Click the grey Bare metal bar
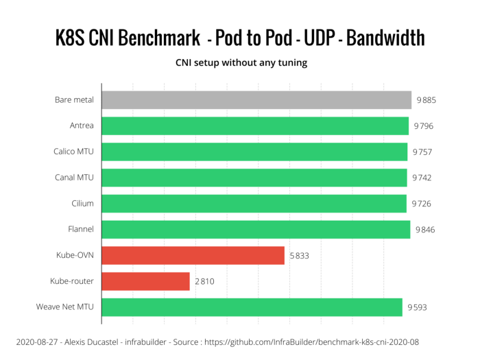(x=256, y=100)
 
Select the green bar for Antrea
(x=255, y=126)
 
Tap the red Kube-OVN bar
(x=193, y=255)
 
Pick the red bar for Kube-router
(x=145, y=281)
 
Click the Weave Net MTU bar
(x=252, y=307)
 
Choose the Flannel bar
(x=256, y=230)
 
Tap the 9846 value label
(x=425, y=230)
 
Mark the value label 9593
(x=416, y=307)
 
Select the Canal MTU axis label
(x=75, y=178)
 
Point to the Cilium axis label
(x=82, y=204)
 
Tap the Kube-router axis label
(x=72, y=281)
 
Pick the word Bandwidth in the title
(x=385, y=38)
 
